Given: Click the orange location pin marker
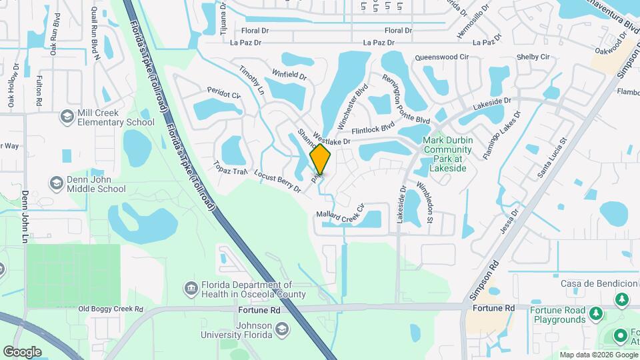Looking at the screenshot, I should click(x=321, y=159).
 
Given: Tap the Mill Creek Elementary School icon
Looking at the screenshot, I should click(x=66, y=117).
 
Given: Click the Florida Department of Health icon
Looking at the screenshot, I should click(x=191, y=288).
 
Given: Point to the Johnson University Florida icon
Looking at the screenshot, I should click(x=282, y=329).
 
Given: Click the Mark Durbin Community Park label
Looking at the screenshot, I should click(x=447, y=155).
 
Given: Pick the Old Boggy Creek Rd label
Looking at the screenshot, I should click(x=111, y=309).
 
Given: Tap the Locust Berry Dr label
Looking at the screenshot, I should click(x=278, y=181).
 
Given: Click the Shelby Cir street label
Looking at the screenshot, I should click(x=533, y=57).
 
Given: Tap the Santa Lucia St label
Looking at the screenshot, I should click(x=553, y=158).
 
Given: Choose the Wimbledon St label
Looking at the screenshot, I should click(x=425, y=201).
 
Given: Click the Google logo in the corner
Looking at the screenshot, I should click(x=22, y=351).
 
